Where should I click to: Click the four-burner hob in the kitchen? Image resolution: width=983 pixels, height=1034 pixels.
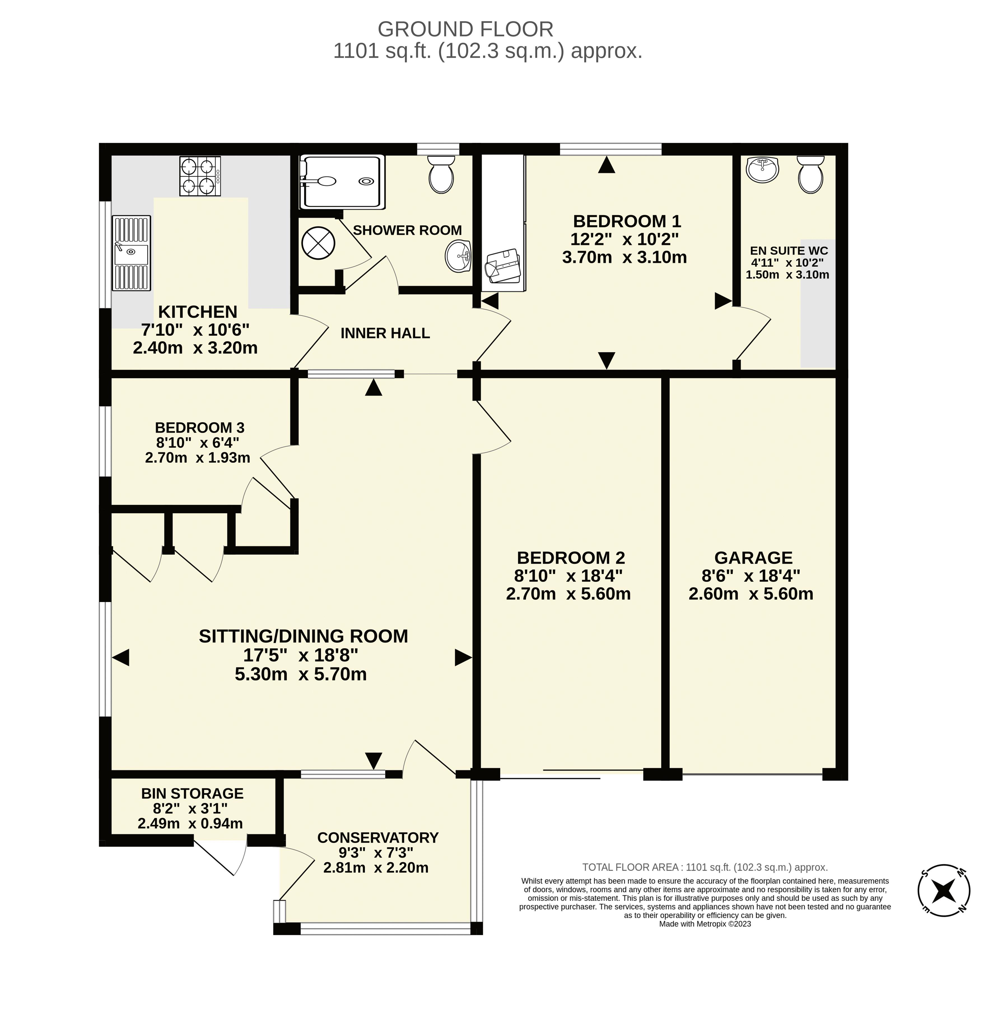200,176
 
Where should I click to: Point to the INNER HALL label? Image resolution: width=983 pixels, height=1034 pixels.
385,333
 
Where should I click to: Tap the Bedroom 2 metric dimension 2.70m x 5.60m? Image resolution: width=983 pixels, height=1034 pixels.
569,594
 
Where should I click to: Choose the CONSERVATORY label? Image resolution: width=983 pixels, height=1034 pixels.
378,837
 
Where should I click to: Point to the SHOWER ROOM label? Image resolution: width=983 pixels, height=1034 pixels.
407,230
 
